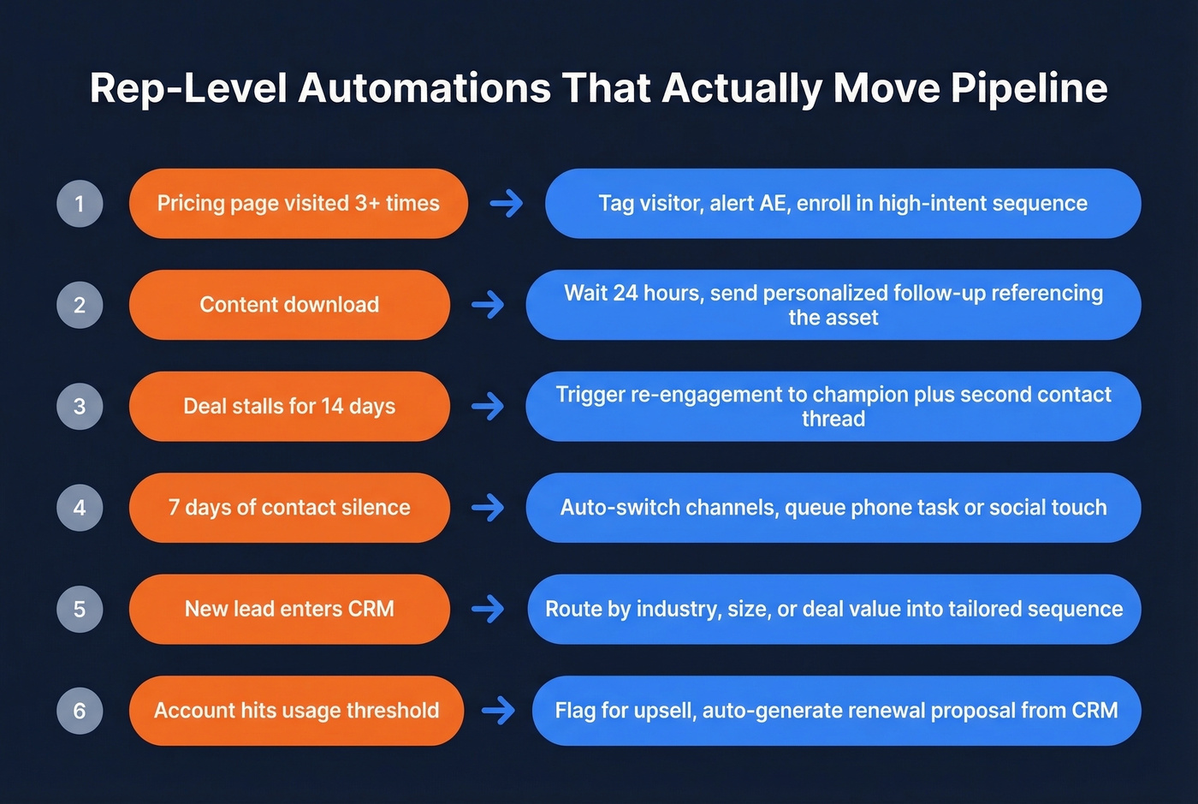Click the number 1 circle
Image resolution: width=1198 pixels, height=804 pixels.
click(x=80, y=204)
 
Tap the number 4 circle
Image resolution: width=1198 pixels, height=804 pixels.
click(x=80, y=508)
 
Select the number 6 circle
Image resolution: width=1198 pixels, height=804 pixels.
click(x=80, y=711)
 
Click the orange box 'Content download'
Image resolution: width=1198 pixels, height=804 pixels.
click(x=289, y=305)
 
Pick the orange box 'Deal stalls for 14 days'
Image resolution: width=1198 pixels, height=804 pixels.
click(x=289, y=406)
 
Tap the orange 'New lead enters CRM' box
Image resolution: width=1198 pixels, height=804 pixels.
click(x=289, y=609)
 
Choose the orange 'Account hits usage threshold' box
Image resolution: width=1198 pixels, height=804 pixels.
click(x=296, y=711)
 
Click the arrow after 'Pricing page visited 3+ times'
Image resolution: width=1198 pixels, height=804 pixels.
click(x=506, y=204)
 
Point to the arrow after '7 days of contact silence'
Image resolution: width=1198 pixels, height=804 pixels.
click(x=488, y=508)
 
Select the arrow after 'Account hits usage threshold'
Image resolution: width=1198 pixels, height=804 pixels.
click(x=498, y=711)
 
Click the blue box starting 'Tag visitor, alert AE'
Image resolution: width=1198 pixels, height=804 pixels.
click(x=842, y=204)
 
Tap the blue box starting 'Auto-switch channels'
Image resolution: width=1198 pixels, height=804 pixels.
click(x=833, y=508)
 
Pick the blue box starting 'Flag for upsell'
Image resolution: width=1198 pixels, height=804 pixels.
click(x=836, y=711)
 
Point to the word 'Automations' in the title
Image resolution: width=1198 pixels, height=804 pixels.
click(x=424, y=89)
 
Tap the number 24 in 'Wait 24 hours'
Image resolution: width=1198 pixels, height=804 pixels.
click(x=625, y=293)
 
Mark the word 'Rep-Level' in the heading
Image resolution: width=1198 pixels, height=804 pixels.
click(x=188, y=89)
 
